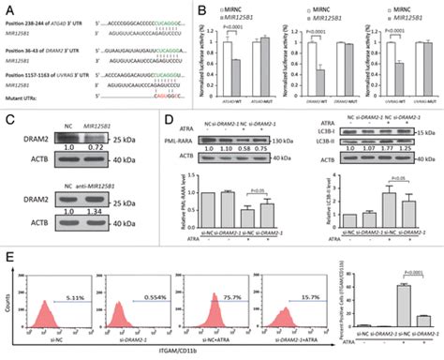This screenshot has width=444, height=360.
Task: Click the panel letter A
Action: (x=8, y=8)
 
